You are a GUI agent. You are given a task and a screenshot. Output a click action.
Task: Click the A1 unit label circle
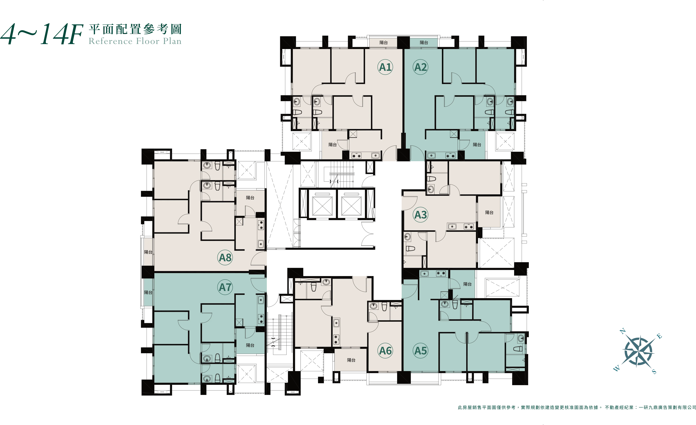(385, 67)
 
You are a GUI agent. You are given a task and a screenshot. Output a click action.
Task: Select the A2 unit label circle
(421, 67)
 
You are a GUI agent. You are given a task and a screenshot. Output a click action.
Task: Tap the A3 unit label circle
(421, 215)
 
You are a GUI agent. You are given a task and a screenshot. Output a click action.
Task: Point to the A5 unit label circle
(421, 351)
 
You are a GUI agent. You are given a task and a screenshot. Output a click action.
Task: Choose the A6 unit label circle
(385, 351)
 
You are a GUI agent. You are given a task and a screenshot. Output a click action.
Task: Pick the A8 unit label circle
(225, 257)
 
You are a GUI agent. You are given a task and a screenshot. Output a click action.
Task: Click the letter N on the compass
(623, 331)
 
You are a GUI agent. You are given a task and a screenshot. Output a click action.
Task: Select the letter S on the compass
(654, 372)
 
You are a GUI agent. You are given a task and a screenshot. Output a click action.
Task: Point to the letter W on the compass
(617, 368)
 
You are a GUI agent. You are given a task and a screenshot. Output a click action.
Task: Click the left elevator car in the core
(322, 206)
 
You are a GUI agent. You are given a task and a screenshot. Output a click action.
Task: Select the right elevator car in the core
(351, 206)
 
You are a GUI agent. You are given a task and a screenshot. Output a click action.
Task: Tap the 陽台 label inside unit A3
(489, 212)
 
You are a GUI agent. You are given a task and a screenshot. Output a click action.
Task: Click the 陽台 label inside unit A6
(351, 360)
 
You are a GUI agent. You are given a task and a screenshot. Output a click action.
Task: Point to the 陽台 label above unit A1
(384, 42)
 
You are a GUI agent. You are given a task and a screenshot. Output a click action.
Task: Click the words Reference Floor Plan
(135, 41)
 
